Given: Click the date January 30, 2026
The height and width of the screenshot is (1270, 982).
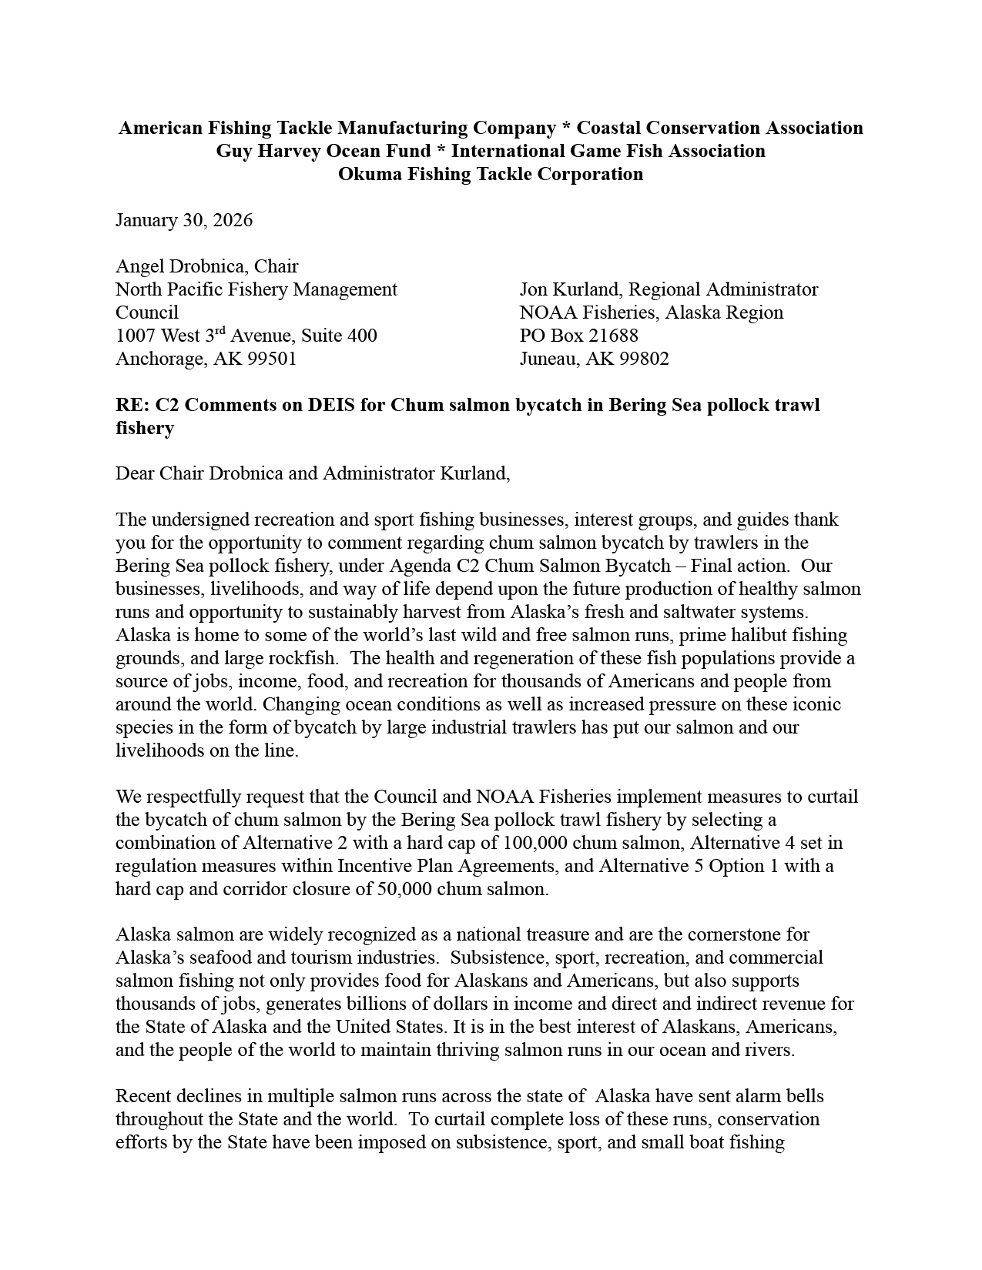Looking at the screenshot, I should [184, 220].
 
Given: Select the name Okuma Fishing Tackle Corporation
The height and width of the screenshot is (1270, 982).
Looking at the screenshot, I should [491, 174].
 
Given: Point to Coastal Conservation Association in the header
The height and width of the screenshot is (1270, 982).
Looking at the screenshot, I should [719, 128].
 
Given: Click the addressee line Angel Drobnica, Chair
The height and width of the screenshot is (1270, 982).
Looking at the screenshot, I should [206, 266].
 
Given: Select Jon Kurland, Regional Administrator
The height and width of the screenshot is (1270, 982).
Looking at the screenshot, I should [669, 289].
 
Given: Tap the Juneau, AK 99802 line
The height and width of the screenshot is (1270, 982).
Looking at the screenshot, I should [594, 359].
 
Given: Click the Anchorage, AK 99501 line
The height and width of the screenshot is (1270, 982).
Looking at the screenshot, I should [206, 359].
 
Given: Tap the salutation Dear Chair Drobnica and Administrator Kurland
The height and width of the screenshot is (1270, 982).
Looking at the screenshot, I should [313, 473].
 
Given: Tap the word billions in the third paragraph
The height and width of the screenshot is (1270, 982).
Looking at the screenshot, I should [372, 1004].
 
